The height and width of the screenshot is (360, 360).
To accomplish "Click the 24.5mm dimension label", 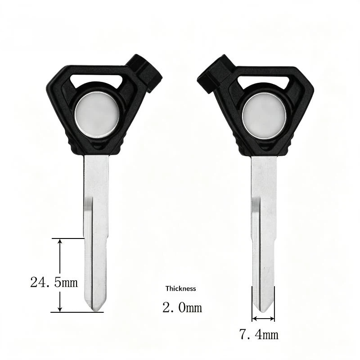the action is pyautogui.click(x=54, y=282).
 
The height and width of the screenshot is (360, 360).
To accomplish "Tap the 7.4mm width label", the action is pyautogui.click(x=259, y=334).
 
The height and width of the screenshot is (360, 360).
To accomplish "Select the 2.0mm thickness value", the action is pyautogui.click(x=182, y=307).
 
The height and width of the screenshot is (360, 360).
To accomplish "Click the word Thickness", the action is pyautogui.click(x=181, y=288).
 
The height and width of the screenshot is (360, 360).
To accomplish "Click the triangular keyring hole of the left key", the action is pyautogui.click(x=96, y=81).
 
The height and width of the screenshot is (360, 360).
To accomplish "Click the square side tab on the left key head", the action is pyautogui.click(x=144, y=73).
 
